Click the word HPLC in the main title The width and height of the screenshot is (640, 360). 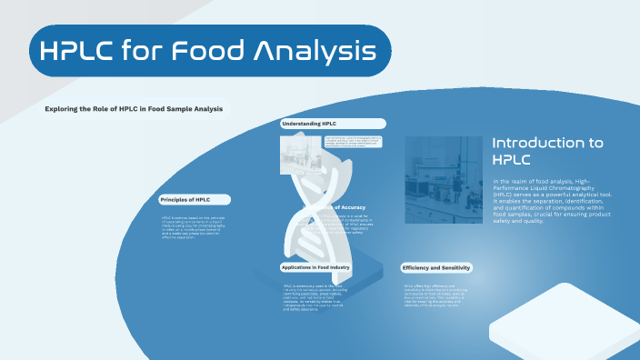tap(89, 51)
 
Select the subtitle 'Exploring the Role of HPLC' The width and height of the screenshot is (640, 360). tap(134, 109)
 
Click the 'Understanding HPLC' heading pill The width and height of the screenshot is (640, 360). tap(309, 123)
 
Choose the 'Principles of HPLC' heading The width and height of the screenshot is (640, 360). tap(185, 199)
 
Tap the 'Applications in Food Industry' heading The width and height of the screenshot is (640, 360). tap(315, 267)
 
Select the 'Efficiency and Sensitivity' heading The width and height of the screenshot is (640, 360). tap(436, 268)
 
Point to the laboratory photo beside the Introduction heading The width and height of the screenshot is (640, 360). tap(443, 179)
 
